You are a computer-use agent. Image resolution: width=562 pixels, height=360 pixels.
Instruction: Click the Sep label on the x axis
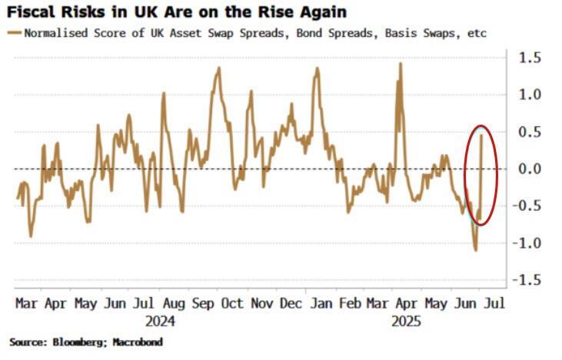click(x=204, y=303)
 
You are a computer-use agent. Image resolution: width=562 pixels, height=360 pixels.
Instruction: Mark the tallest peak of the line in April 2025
click(x=401, y=64)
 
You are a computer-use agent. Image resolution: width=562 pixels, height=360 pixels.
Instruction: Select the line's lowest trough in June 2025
click(x=476, y=250)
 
